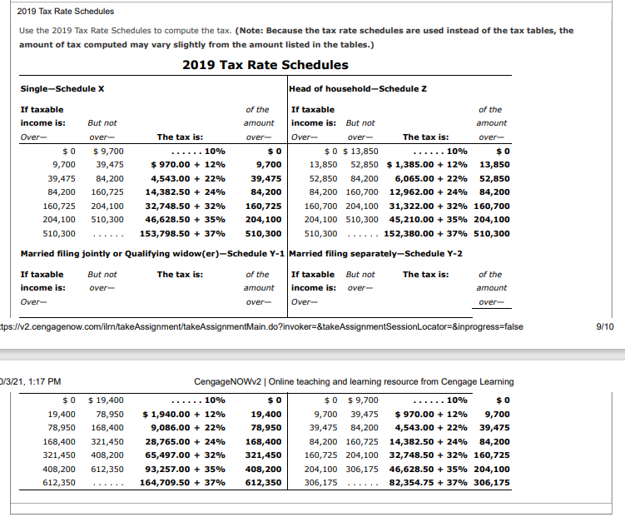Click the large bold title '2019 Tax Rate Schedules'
pyautogui.click(x=265, y=65)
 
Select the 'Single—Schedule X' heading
pyautogui.click(x=61, y=89)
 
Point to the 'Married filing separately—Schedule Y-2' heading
pyautogui.click(x=377, y=253)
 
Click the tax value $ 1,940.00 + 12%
pyautogui.click(x=184, y=413)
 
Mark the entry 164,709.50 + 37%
pyautogui.click(x=182, y=482)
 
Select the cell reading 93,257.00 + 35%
pyautogui.click(x=185, y=468)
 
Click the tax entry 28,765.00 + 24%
pyautogui.click(x=185, y=440)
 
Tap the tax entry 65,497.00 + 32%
pyautogui.click(x=185, y=455)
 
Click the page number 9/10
pyautogui.click(x=606, y=326)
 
